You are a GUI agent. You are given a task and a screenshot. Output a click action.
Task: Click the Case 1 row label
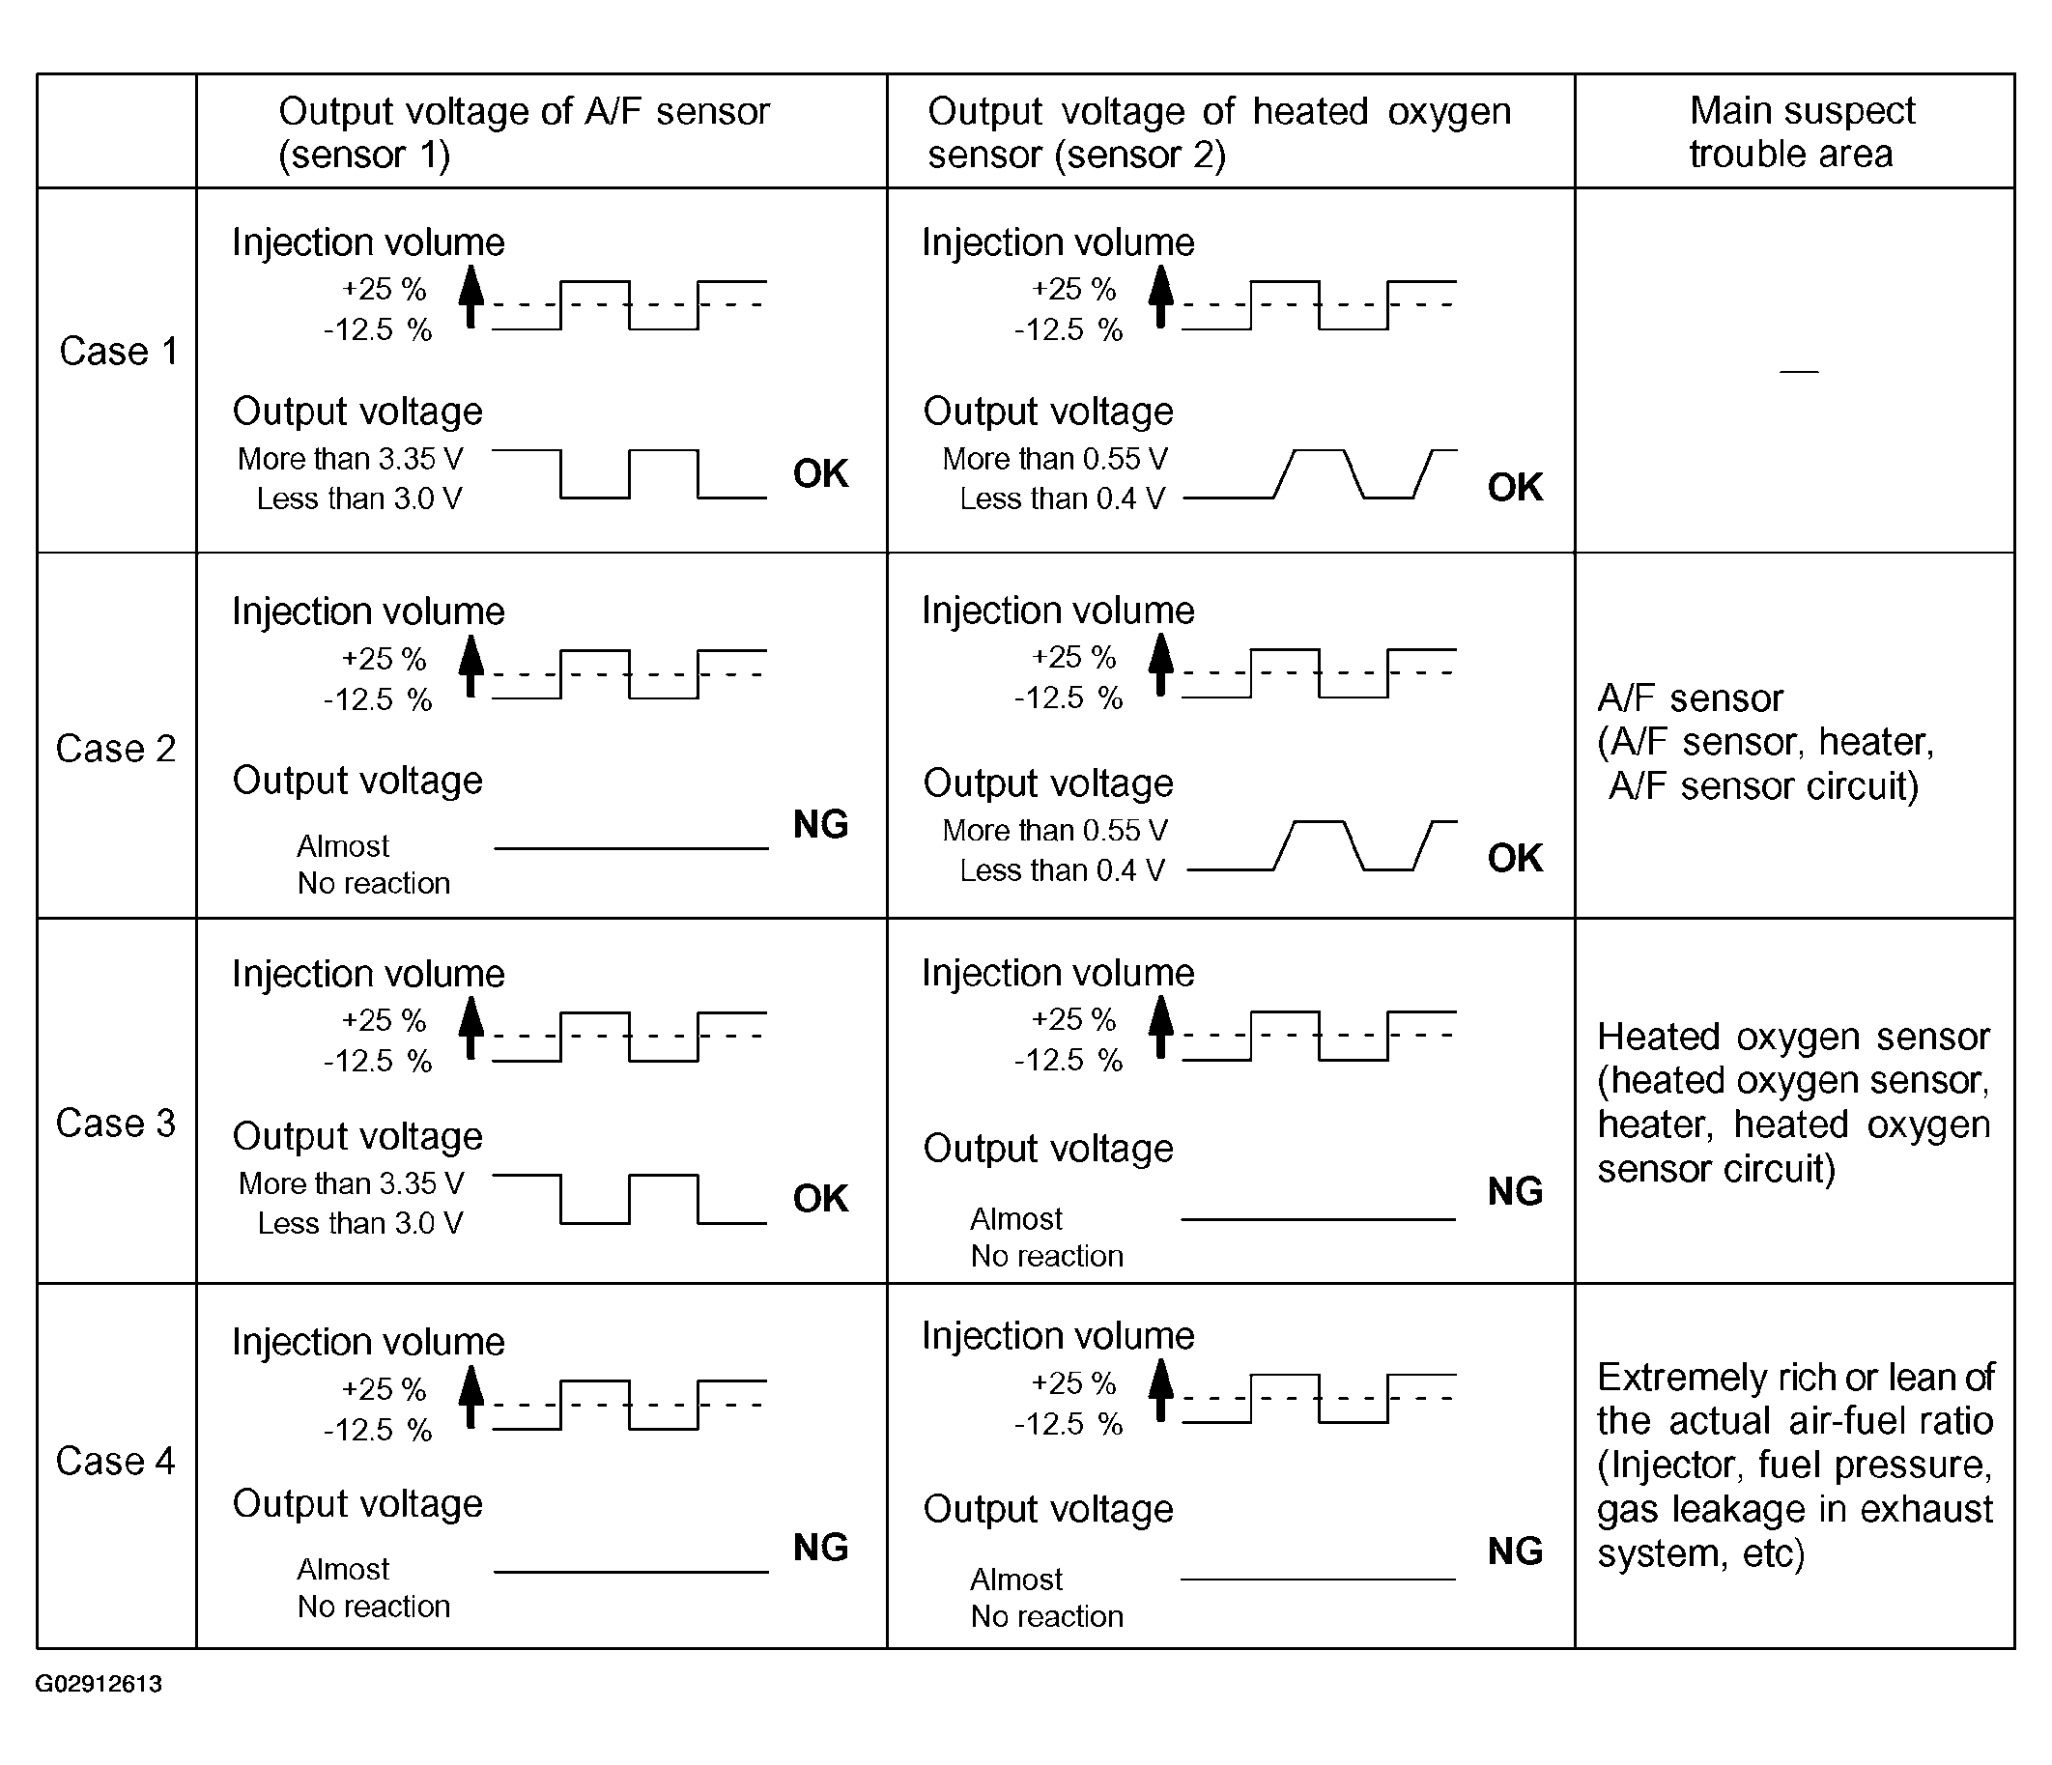click(118, 352)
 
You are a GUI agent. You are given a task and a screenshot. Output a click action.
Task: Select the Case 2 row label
click(116, 749)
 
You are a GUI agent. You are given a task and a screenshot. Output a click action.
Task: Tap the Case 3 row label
click(116, 1124)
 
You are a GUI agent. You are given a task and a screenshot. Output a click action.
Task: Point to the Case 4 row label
click(116, 1461)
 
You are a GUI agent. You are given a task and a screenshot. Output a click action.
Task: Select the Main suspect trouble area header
click(1801, 131)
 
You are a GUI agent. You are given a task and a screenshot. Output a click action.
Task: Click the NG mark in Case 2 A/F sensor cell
click(820, 824)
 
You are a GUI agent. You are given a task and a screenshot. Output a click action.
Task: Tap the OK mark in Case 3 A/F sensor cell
click(820, 1199)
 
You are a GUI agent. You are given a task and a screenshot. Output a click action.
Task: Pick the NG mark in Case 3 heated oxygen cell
click(1514, 1191)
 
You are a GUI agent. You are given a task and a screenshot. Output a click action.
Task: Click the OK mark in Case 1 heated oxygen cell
click(1514, 487)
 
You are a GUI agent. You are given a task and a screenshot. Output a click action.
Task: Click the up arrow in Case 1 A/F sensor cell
click(471, 296)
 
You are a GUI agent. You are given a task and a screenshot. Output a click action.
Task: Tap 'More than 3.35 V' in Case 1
click(351, 459)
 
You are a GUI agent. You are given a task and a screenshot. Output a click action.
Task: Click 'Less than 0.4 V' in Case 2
click(1062, 870)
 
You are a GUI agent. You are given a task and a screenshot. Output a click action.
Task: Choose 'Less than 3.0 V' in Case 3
click(360, 1223)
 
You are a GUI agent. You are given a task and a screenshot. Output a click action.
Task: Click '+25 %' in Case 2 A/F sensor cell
click(384, 659)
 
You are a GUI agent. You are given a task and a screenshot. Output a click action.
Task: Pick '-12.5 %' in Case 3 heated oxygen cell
click(1069, 1061)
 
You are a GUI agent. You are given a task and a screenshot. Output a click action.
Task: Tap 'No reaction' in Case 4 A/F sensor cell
click(373, 1606)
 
